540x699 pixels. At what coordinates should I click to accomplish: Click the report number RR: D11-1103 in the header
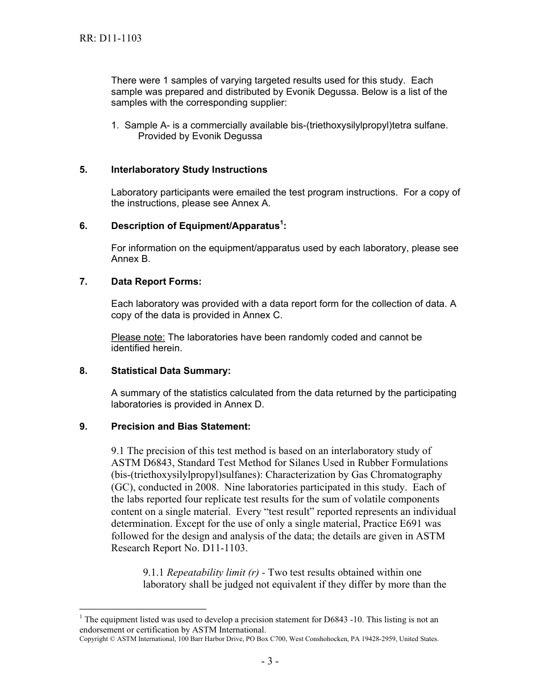110,39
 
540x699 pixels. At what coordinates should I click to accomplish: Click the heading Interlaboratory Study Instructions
189,169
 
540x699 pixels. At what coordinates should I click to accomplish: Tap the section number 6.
84,226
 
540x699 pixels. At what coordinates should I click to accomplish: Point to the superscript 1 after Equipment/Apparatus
281,222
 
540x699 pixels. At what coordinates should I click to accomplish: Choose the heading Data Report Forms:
156,281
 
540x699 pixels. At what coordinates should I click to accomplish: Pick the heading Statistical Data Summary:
171,371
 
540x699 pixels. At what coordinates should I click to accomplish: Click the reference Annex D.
244,404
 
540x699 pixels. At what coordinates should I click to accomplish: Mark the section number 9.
84,426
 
